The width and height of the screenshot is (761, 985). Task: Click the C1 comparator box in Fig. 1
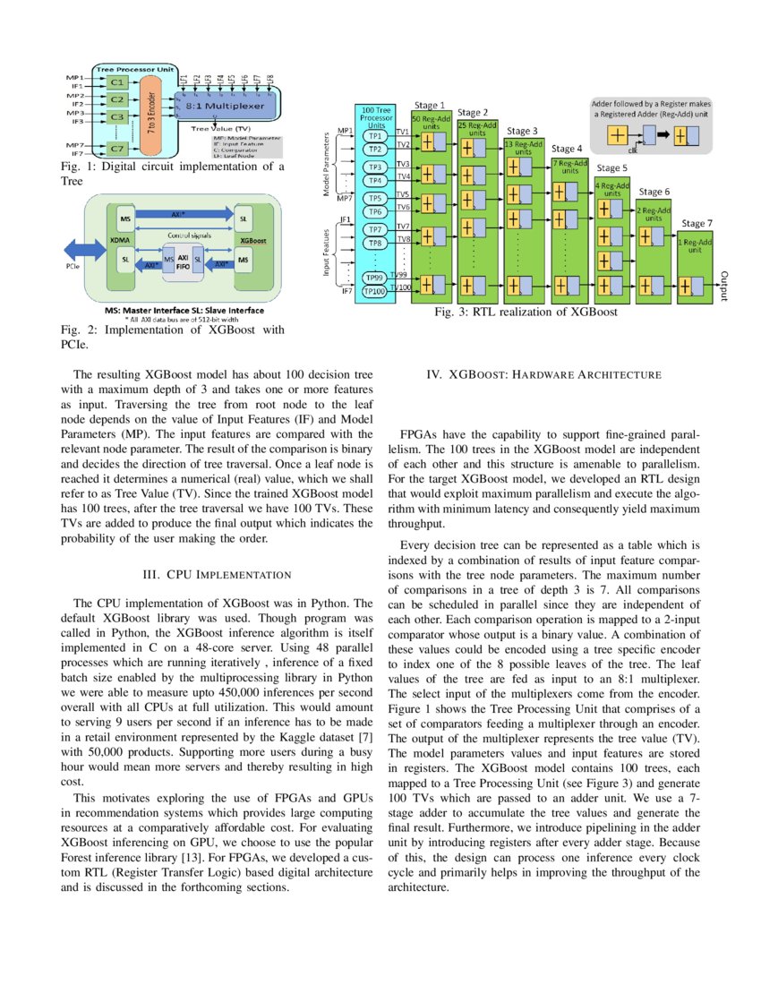pos(117,81)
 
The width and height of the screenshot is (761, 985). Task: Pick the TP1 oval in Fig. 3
pos(376,136)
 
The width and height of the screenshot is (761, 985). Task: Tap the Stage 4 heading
pos(567,149)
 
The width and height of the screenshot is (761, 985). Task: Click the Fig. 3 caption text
pos(526,313)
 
